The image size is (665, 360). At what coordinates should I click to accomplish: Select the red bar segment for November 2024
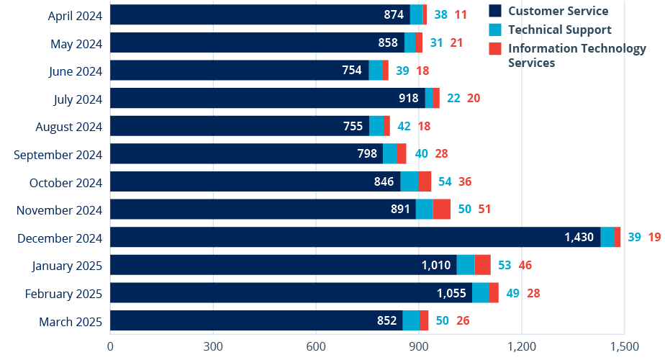click(x=442, y=210)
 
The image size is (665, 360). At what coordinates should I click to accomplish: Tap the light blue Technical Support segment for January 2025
click(x=466, y=265)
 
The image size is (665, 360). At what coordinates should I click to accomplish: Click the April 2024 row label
click(x=75, y=15)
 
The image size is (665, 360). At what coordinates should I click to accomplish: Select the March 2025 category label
click(x=71, y=321)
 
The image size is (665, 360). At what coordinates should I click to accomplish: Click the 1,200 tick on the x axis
click(x=521, y=347)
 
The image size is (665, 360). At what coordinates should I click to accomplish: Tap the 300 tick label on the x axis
click(x=213, y=347)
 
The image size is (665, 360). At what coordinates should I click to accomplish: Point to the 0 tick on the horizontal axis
click(x=110, y=347)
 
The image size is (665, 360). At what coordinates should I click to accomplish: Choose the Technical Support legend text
click(x=560, y=30)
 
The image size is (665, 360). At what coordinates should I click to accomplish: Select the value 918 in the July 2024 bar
click(x=409, y=99)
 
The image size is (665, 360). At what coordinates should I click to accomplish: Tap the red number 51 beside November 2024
click(x=484, y=210)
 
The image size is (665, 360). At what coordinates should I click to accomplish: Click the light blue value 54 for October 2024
click(x=445, y=181)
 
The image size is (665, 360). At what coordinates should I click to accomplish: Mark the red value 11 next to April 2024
click(x=461, y=15)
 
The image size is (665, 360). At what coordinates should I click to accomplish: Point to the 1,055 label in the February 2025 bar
click(x=452, y=293)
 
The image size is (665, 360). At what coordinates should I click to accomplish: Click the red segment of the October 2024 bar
click(x=425, y=181)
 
